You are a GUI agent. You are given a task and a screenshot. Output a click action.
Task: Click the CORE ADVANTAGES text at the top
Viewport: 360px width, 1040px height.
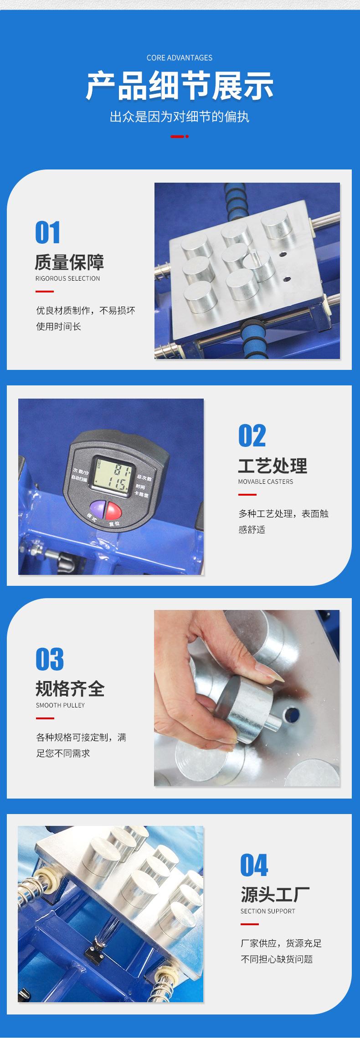[x=180, y=58]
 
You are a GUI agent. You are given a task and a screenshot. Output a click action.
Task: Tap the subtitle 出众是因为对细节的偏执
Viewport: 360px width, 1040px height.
[x=180, y=117]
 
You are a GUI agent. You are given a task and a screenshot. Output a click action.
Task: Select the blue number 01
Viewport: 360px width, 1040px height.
[x=48, y=233]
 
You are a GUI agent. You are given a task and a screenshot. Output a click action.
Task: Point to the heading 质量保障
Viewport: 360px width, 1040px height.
[x=69, y=262]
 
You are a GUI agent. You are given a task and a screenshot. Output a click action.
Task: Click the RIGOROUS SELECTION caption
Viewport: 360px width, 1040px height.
[x=67, y=278]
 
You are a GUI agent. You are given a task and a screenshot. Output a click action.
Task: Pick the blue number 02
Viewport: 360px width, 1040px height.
[x=252, y=436]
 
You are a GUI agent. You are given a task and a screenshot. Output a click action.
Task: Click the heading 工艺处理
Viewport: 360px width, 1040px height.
[x=273, y=466]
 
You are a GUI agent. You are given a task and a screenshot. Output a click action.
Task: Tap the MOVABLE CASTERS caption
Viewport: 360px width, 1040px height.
[x=265, y=482]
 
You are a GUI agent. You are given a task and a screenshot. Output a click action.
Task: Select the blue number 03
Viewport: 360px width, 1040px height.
[x=50, y=660]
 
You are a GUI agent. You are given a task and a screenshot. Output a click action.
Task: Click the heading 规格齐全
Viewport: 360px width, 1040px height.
[x=70, y=689]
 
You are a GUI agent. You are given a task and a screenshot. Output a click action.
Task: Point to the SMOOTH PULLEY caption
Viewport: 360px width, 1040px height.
[x=60, y=705]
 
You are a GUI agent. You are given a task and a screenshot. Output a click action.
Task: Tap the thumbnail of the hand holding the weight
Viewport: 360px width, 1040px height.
[x=247, y=698]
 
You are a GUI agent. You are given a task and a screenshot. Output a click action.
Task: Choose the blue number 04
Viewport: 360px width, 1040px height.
[x=254, y=866]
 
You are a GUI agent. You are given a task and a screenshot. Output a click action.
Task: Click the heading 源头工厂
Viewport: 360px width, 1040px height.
[x=275, y=895]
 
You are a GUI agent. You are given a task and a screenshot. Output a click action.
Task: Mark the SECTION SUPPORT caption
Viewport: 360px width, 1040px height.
[x=267, y=911]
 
